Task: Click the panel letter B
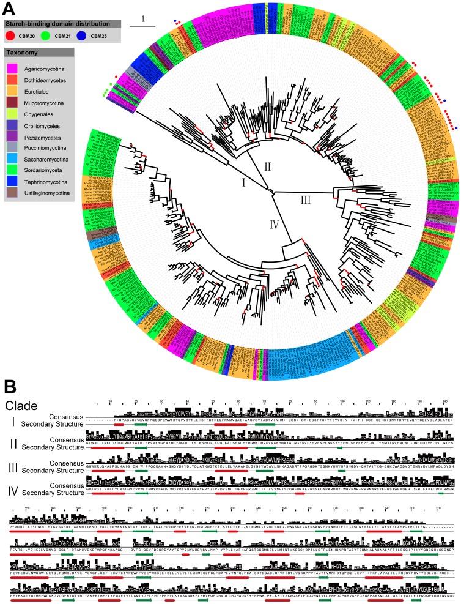[9, 387]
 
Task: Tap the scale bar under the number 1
[142, 26]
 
